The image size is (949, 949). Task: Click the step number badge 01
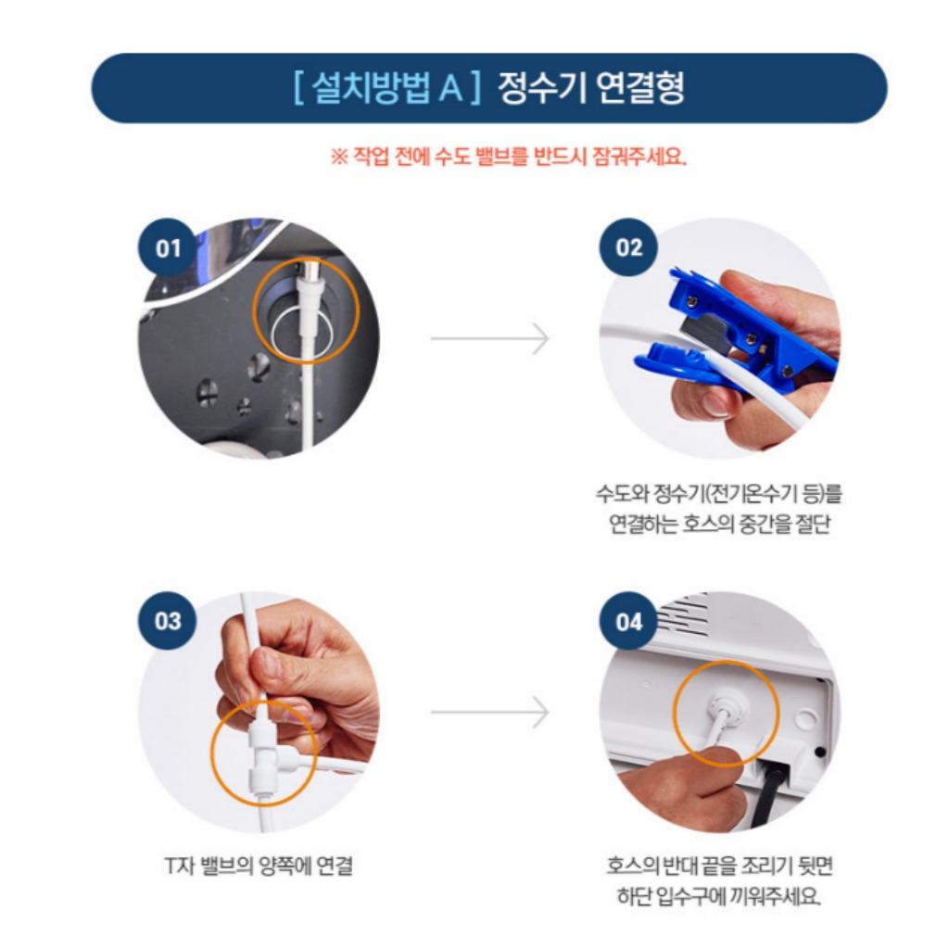(x=168, y=247)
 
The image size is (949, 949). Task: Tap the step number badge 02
(x=629, y=247)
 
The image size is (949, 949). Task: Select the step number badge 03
(x=168, y=621)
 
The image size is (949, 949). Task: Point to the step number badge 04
(x=629, y=621)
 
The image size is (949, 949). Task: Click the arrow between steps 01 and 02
(x=489, y=338)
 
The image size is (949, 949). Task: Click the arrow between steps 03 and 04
(x=489, y=712)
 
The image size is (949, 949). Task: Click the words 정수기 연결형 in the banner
(x=590, y=88)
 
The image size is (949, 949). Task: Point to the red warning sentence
(x=509, y=158)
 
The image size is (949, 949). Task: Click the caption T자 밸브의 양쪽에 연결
(x=259, y=867)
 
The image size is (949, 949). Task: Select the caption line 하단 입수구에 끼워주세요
(x=719, y=896)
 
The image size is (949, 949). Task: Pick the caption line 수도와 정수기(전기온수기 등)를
(x=719, y=494)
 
